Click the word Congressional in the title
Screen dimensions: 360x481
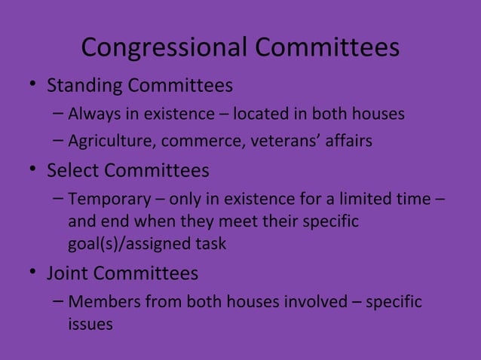tap(164, 48)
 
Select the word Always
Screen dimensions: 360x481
tap(93, 114)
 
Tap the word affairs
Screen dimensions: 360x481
tap(345, 142)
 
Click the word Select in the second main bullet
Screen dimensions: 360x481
tap(73, 171)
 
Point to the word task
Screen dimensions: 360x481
tap(210, 244)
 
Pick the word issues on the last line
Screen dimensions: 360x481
tap(90, 325)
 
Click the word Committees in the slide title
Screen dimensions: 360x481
tap(326, 48)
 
